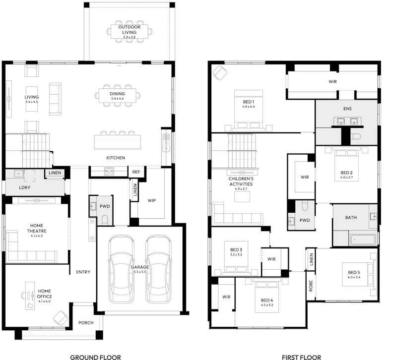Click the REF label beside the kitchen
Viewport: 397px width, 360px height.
click(x=136, y=172)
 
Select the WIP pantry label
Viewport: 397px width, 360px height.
click(x=152, y=201)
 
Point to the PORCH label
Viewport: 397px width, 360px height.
click(x=86, y=323)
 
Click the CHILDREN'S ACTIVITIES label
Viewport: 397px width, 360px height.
click(x=241, y=181)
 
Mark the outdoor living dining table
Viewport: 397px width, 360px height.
click(x=129, y=32)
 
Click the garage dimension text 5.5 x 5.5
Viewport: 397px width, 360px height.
click(x=140, y=272)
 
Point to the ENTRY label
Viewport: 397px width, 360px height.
click(x=83, y=272)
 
